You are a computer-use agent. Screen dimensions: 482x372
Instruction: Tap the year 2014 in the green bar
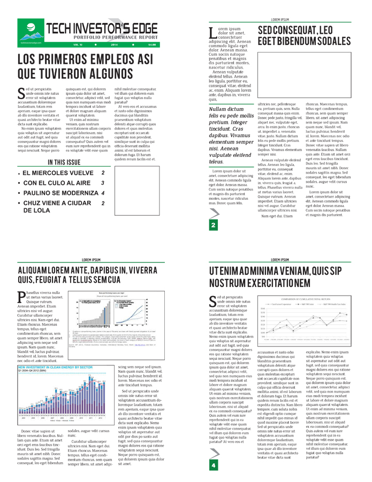pyautogui.click(x=117, y=44)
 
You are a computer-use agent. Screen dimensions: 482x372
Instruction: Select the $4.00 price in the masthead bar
pyautogui.click(x=152, y=44)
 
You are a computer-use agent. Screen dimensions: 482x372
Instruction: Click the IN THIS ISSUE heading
pyautogui.click(x=65, y=147)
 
